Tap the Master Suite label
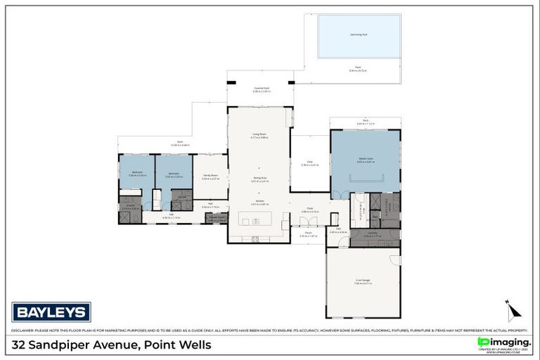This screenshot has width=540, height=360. (365, 160)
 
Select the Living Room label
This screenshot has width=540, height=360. (259, 134)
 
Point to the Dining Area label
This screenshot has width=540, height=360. (259, 179)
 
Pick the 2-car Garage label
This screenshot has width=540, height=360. (363, 281)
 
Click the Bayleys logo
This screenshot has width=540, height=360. (51, 311)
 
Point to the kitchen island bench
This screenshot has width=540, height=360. (259, 218)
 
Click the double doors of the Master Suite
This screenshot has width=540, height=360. (340, 193)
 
